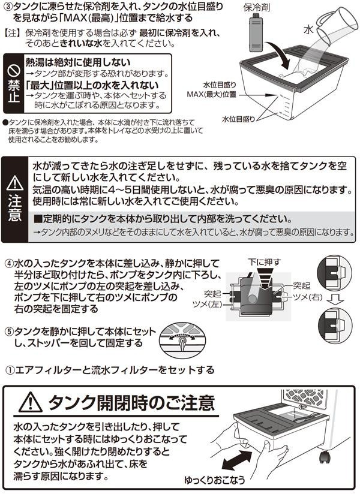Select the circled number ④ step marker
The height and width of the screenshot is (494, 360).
click(9, 264)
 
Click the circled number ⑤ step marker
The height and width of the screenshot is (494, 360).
click(9, 331)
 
